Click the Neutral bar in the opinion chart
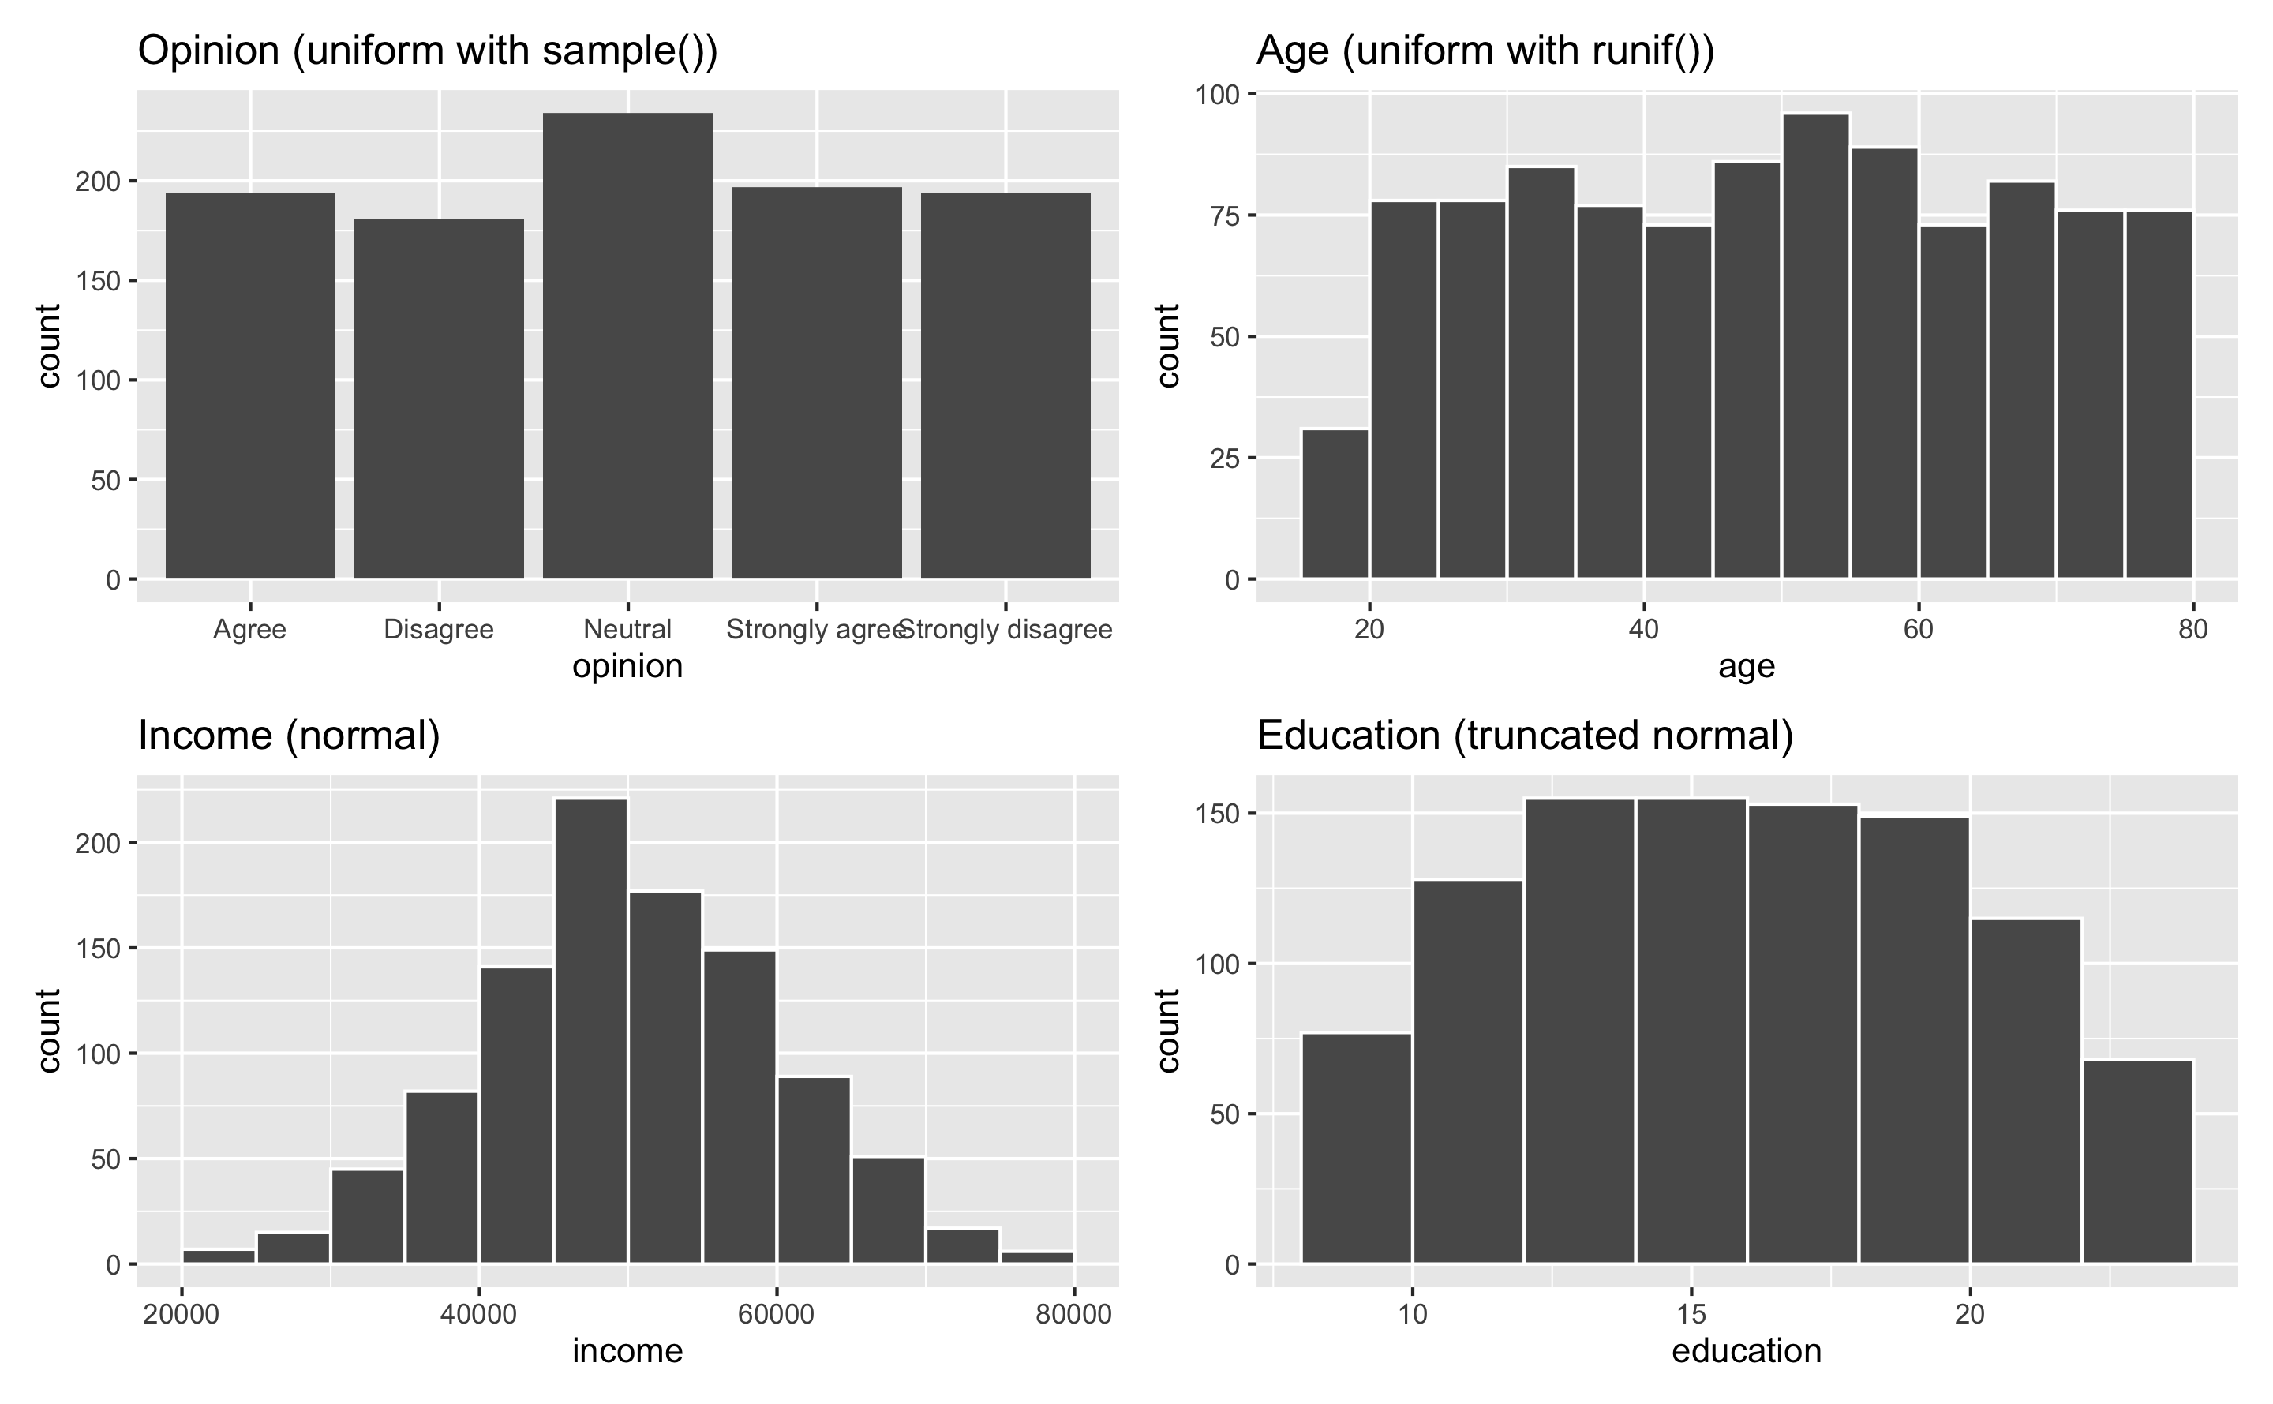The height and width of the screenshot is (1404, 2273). coord(627,346)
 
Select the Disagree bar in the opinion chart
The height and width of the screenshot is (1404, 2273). coord(439,399)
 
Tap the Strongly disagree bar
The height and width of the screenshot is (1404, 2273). coord(1005,385)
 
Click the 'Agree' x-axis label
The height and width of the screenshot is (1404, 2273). coord(249,630)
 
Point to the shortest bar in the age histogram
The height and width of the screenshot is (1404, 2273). coord(1335,504)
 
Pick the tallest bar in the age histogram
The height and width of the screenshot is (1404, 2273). coord(1816,346)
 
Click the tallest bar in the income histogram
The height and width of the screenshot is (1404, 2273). coord(590,1031)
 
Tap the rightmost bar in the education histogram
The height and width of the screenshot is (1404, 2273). coord(2137,1161)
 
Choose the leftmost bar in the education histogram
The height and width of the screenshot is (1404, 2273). coord(1357,1148)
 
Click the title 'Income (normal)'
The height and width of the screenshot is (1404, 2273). coord(289,736)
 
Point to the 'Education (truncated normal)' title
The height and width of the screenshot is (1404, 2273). coord(1525,736)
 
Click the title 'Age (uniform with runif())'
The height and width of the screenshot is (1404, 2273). coord(1485,51)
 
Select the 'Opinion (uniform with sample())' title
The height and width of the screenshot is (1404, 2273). coord(428,51)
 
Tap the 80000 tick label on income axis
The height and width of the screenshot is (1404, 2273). coord(1073,1314)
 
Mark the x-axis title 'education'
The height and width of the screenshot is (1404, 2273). coord(1747,1351)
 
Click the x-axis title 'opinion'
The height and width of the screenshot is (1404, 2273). coord(627,667)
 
